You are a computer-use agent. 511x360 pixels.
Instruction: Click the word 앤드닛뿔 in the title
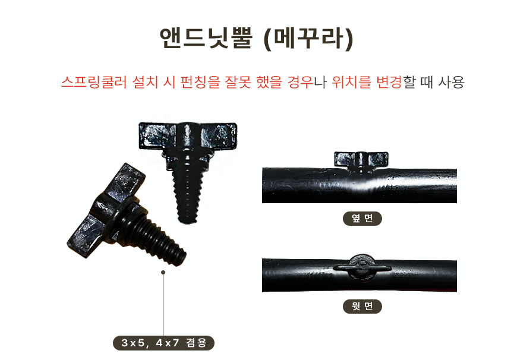[206, 38]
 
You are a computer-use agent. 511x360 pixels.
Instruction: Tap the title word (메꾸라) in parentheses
[308, 39]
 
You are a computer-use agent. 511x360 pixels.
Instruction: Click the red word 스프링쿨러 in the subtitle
[94, 82]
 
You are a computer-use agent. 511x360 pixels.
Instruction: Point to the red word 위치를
[351, 82]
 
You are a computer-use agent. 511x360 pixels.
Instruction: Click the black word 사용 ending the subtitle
[451, 82]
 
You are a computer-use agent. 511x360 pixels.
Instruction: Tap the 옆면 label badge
[362, 218]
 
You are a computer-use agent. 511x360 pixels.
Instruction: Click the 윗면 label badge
[362, 307]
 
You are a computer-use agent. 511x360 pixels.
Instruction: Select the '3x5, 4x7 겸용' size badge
[163, 343]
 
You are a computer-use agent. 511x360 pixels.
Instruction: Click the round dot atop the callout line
[163, 272]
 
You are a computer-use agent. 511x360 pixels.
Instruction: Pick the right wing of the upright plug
[218, 136]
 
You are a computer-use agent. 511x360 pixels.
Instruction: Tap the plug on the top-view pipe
[362, 268]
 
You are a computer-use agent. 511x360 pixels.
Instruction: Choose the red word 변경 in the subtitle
[389, 82]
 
